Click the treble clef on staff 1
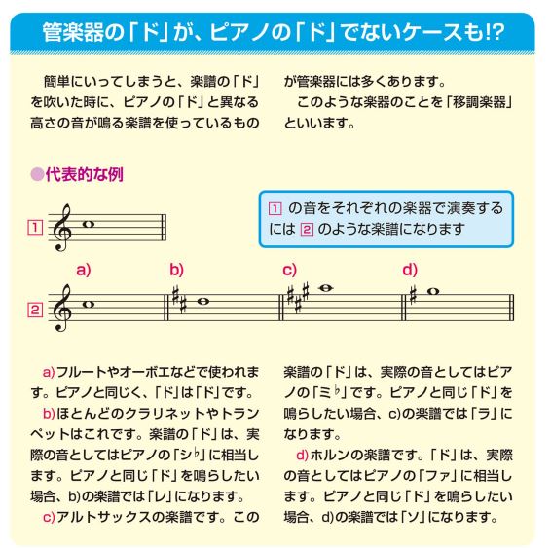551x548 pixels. [x=62, y=228]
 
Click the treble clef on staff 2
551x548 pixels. [x=62, y=308]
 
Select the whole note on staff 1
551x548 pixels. [x=88, y=224]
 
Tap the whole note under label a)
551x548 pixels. [x=88, y=305]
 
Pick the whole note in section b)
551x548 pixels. [x=203, y=302]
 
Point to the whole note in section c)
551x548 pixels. [x=325, y=288]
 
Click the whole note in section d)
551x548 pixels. [x=433, y=291]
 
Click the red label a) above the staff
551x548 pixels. [x=84, y=270]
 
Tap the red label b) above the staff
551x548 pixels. [x=177, y=270]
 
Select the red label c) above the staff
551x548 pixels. [x=289, y=271]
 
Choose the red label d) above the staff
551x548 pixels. [x=410, y=270]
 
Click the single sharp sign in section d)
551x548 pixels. [x=413, y=294]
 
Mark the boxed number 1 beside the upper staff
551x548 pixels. [x=35, y=228]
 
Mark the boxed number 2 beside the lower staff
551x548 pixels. [x=35, y=311]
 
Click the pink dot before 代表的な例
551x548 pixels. [x=37, y=174]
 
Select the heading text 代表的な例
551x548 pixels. [x=85, y=174]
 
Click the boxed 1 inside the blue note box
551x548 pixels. [x=275, y=209]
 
